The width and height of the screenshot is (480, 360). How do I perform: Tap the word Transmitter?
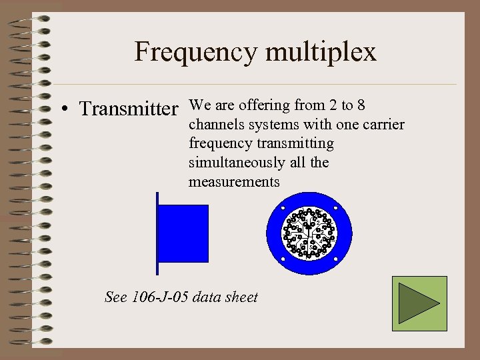point(129,108)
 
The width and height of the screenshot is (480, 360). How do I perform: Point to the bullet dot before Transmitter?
point(68,109)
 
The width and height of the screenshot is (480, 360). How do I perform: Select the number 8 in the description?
point(361,105)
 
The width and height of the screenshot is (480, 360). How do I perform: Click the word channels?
point(214,125)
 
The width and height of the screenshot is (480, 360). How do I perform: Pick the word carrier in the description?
point(383,125)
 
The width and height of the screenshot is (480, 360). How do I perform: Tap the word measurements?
point(234,181)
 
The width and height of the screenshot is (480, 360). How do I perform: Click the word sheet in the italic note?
point(243,297)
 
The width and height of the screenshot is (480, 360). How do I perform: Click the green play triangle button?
point(419,304)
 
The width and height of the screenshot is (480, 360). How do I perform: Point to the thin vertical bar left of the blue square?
point(157,233)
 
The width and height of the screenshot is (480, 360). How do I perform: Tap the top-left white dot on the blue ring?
point(282,207)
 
